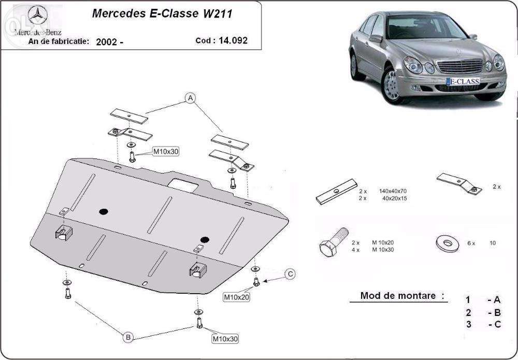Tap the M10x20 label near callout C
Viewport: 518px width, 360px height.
(236, 297)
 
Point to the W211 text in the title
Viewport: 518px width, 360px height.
(214, 13)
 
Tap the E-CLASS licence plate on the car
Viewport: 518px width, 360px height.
(462, 81)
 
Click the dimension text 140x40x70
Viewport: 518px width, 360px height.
(392, 191)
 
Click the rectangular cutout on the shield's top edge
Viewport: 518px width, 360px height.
(183, 183)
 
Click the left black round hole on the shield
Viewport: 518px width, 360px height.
(104, 211)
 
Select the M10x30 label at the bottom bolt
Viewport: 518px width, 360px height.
(225, 339)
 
